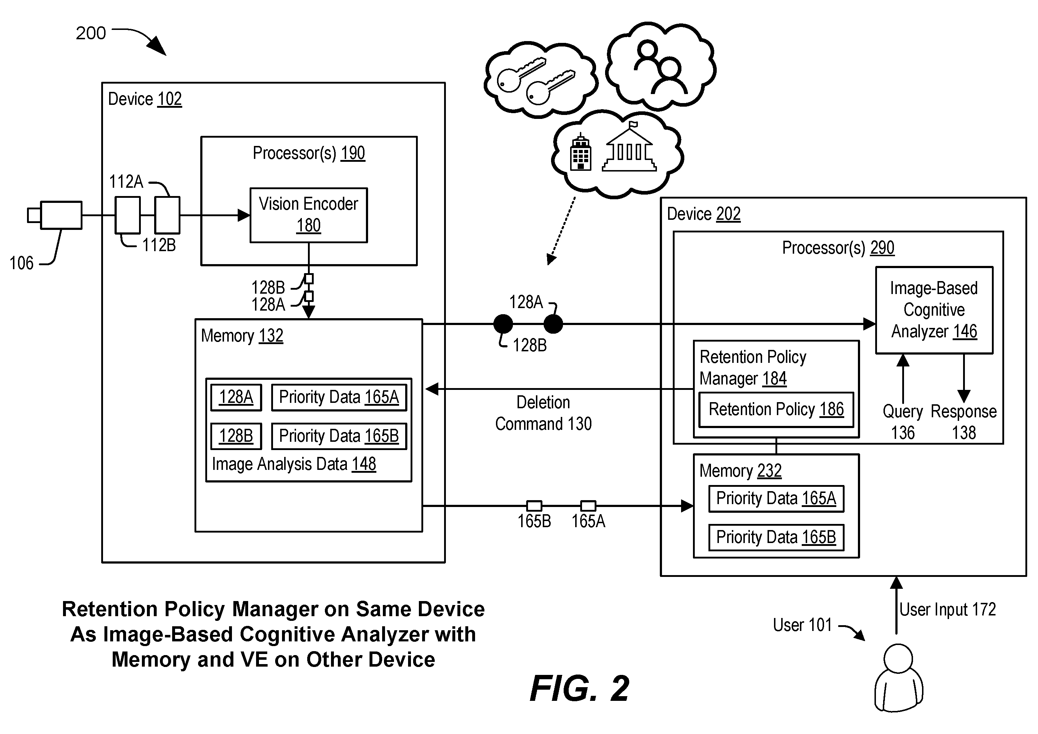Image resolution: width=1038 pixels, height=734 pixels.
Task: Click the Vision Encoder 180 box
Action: [309, 215]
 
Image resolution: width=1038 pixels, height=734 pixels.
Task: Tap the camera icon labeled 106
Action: [55, 215]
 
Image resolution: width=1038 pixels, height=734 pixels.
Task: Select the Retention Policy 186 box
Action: [776, 410]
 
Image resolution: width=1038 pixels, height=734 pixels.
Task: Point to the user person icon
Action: [898, 677]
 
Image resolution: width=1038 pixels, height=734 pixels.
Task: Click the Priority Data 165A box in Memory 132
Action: [339, 397]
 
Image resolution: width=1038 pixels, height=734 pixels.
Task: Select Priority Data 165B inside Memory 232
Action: [776, 537]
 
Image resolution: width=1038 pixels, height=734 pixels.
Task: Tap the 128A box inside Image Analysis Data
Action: [236, 397]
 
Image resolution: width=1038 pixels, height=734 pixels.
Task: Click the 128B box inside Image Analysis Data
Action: [236, 436]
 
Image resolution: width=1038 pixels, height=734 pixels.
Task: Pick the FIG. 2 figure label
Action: [580, 688]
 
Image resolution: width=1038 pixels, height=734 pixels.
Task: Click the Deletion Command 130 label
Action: [543, 413]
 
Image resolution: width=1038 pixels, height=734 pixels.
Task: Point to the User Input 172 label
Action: [948, 610]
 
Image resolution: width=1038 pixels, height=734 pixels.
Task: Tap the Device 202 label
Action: [704, 214]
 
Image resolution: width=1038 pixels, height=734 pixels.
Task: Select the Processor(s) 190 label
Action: [309, 153]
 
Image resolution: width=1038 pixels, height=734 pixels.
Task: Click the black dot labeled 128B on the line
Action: [503, 324]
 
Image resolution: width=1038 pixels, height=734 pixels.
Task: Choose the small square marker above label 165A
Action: [588, 506]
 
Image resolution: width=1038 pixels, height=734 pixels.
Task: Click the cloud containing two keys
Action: [541, 80]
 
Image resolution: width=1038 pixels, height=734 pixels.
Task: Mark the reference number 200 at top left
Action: [91, 33]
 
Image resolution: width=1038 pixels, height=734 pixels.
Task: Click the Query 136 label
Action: [903, 422]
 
